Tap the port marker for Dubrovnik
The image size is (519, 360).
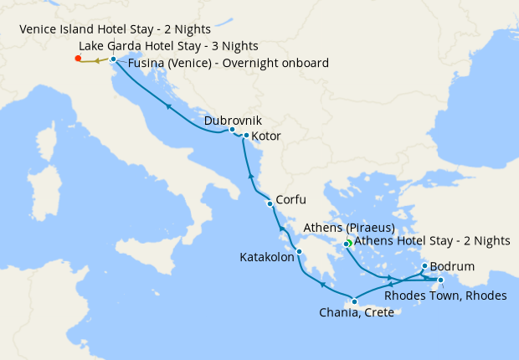(232, 130)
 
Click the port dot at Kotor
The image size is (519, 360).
(246, 135)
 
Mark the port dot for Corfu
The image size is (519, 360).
(270, 203)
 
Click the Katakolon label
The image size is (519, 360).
(266, 258)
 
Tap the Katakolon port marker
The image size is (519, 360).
(299, 251)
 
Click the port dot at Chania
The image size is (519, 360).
(355, 302)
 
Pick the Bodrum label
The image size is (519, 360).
(452, 267)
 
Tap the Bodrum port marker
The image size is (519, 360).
(424, 265)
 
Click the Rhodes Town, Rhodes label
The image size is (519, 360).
(444, 295)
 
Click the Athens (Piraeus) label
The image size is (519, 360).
(350, 228)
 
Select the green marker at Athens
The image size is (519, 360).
(347, 244)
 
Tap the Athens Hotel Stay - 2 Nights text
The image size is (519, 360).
(432, 241)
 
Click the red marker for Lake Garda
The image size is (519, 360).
(78, 59)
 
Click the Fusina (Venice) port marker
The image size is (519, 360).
(113, 59)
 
